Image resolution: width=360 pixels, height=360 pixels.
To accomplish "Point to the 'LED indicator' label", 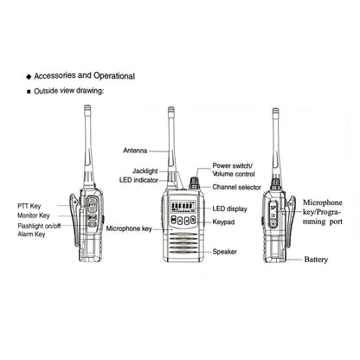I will (x=139, y=180).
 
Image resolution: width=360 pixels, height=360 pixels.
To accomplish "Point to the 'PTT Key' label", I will (x=31, y=206).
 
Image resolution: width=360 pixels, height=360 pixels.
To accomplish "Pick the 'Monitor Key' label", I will (x=35, y=215).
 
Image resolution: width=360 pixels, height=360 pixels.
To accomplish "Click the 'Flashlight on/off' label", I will (x=41, y=226).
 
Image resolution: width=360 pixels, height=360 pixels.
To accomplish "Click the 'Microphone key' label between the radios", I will (x=130, y=229).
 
